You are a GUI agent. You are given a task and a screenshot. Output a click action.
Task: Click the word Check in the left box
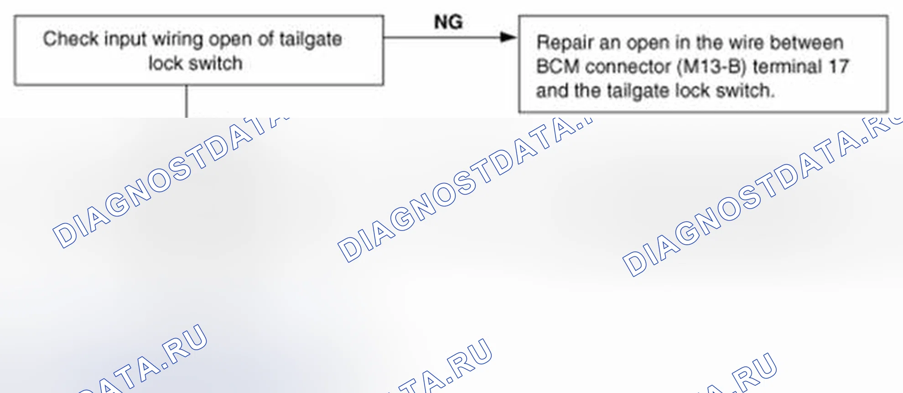click(71, 39)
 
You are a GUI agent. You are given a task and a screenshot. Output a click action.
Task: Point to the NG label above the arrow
click(448, 22)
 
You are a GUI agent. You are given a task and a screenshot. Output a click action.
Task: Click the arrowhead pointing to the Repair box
click(508, 37)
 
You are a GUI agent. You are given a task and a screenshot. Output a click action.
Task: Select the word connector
click(629, 67)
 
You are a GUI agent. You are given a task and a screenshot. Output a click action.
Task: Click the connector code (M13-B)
click(712, 67)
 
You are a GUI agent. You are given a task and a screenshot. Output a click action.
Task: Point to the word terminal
click(788, 67)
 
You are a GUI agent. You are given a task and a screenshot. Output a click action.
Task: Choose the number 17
click(839, 67)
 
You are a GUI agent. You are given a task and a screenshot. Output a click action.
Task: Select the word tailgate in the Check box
click(311, 40)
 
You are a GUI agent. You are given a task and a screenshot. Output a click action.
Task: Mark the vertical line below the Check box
click(187, 101)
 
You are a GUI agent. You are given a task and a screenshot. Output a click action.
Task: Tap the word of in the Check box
click(266, 39)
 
